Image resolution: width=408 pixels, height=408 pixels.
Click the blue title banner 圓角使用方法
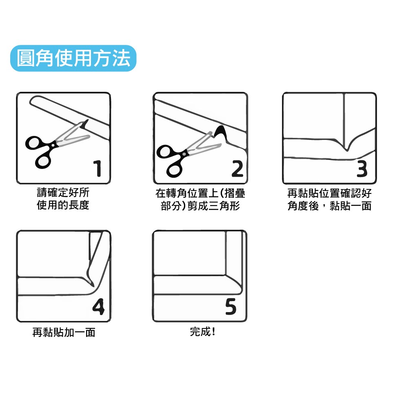pyautogui.click(x=73, y=58)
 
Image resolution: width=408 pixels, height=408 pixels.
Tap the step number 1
pyautogui.click(x=98, y=169)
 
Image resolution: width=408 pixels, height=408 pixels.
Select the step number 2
pyautogui.click(x=237, y=169)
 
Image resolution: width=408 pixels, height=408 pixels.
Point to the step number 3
pyautogui.click(x=362, y=169)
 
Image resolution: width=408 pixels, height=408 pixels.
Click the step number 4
pyautogui.click(x=98, y=307)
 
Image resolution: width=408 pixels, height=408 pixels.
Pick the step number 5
pyautogui.click(x=231, y=307)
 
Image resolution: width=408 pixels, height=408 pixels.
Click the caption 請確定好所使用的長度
pyautogui.click(x=63, y=199)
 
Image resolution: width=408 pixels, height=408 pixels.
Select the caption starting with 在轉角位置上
pyautogui.click(x=200, y=200)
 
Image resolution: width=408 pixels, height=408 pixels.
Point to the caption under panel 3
pyautogui.click(x=329, y=200)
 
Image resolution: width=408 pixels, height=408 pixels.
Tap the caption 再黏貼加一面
pyautogui.click(x=64, y=332)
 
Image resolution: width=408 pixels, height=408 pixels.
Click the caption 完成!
pyautogui.click(x=202, y=332)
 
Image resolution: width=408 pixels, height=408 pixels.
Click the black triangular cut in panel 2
pyautogui.click(x=221, y=132)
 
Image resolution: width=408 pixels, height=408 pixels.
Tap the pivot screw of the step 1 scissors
pyautogui.click(x=53, y=145)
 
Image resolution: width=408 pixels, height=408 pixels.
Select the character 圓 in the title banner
pyautogui.click(x=26, y=58)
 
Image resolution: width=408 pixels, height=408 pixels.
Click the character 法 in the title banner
pyautogui.click(x=121, y=58)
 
